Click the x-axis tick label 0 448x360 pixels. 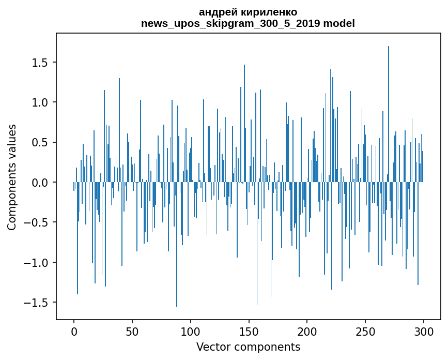click(x=74, y=331)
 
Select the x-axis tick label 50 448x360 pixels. click(x=132, y=331)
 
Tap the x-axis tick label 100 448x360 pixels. click(x=191, y=331)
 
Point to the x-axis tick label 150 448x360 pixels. click(x=249, y=331)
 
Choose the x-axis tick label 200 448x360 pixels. click(x=307, y=331)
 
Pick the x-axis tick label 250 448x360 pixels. click(x=365, y=331)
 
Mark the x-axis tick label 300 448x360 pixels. click(x=424, y=331)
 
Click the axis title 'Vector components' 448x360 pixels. click(x=248, y=347)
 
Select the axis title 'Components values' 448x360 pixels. click(x=12, y=177)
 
